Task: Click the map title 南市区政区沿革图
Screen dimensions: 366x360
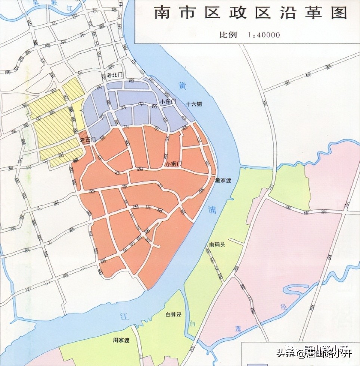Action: tap(251, 13)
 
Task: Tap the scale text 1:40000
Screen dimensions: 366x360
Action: tap(263, 35)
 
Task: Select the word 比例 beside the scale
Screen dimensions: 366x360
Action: tap(228, 35)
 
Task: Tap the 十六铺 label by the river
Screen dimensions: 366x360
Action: tap(194, 105)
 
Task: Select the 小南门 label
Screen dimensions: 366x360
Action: tap(174, 163)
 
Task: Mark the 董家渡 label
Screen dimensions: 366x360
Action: tap(223, 180)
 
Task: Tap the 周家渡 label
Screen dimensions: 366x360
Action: tap(121, 340)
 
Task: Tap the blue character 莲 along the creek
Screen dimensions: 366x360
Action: tap(238, 329)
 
